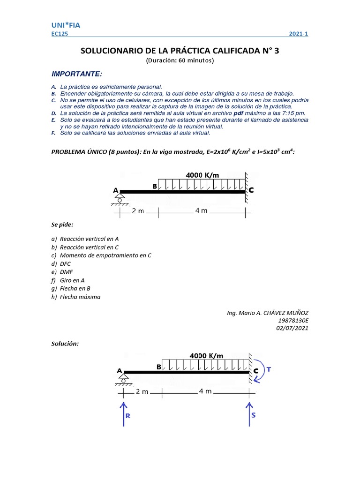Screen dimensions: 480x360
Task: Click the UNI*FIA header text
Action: [x=66, y=25]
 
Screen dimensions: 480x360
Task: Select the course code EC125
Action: [x=59, y=34]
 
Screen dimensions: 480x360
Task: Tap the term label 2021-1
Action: [x=299, y=34]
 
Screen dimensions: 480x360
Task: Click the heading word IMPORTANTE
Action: [x=76, y=74]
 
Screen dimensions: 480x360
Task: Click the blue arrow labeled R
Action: [x=124, y=412]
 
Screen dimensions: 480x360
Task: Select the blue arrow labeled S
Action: [x=249, y=412]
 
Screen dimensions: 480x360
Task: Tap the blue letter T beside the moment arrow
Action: [x=269, y=369]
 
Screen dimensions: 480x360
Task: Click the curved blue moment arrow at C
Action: [x=259, y=370]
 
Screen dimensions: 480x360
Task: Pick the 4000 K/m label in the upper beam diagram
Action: [x=202, y=175]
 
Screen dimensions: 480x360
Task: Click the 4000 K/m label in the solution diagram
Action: [x=206, y=356]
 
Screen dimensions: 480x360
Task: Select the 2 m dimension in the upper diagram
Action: [x=138, y=211]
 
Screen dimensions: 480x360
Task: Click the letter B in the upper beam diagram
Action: [x=155, y=187]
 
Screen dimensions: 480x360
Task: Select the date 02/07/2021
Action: [x=292, y=328]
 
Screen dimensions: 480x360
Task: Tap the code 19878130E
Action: [x=293, y=321]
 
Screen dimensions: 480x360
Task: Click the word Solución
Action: [x=65, y=344]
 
